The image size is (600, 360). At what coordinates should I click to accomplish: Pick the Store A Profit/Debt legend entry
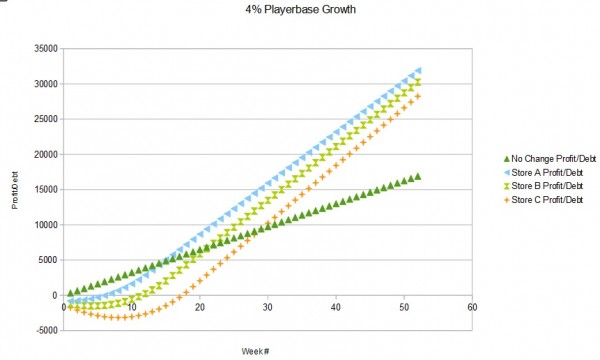pos(547,172)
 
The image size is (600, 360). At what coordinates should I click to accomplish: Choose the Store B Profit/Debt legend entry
pos(547,187)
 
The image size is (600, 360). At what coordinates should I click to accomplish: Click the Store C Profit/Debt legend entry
pos(547,201)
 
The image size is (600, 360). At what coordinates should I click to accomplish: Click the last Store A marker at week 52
pos(417,70)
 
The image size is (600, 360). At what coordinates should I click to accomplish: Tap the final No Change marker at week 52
pos(417,176)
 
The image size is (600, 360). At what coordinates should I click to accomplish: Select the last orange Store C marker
pos(417,96)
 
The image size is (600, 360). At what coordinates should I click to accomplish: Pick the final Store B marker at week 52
pos(417,82)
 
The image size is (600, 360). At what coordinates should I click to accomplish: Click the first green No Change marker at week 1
pos(70,293)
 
